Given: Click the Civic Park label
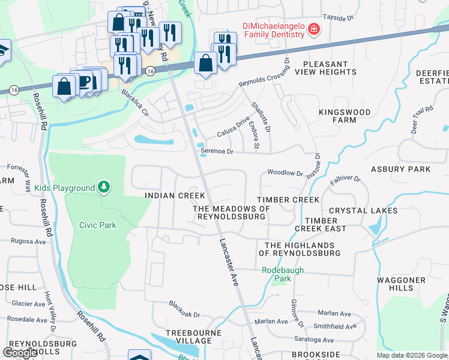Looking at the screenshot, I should [x=97, y=226].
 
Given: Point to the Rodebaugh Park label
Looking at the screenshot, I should [x=283, y=274].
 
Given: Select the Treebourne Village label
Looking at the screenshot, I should [x=187, y=337].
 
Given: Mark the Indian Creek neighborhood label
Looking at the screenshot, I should [x=175, y=196].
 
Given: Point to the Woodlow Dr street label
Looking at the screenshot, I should [x=285, y=173].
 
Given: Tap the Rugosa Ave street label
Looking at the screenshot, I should [x=28, y=241].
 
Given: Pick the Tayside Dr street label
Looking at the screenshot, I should [x=338, y=18].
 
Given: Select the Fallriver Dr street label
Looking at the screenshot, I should [x=345, y=179].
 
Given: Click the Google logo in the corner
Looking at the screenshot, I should [x=20, y=352].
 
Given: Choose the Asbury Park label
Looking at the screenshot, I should [x=400, y=169].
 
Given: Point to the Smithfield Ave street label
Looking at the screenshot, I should [x=335, y=327].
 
